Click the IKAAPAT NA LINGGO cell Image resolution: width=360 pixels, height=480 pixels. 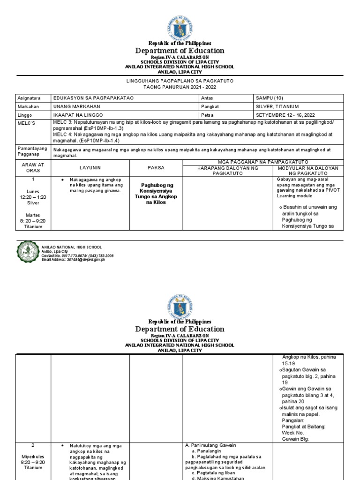point(79,114)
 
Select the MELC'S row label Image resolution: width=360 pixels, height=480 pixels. point(25,123)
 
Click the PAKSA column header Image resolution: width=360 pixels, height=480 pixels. point(156,167)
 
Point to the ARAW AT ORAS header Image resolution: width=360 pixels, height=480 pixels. point(33,168)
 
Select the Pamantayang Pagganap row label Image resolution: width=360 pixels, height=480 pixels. point(31,151)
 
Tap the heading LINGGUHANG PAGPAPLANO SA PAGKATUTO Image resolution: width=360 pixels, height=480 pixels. point(180,81)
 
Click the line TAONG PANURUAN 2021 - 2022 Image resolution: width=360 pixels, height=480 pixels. point(180,87)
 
